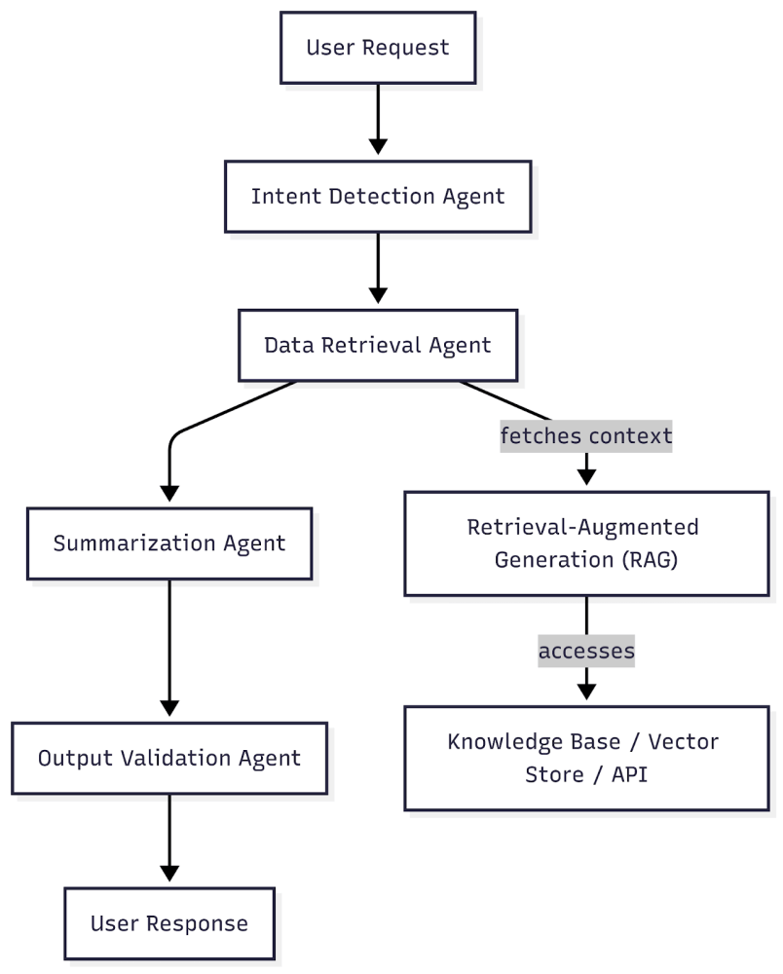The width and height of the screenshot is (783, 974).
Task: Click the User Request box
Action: coord(378,48)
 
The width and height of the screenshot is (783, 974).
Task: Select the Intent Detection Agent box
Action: coord(378,197)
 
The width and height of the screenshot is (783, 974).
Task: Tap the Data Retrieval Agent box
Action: coord(378,346)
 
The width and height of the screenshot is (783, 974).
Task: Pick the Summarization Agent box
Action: coord(169,543)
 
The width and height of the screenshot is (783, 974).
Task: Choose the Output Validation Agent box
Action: coord(169,758)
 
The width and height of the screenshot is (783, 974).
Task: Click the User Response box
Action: coord(169,923)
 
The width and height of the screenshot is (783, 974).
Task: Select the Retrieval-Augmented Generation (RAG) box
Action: coord(587,543)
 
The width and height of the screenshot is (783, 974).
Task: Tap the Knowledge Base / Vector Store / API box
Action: coord(587,758)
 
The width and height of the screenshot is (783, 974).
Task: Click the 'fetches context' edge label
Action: coord(586,436)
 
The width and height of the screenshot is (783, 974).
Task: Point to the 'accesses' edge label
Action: coord(586,651)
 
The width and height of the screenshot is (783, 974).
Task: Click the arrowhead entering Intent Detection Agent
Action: coord(378,147)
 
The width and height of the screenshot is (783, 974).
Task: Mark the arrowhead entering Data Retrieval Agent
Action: coord(378,296)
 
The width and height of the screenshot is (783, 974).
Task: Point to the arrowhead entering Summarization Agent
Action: coord(169,493)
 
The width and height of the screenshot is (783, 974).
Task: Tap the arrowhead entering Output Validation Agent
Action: coord(169,708)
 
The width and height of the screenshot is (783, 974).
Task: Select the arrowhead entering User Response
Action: coord(169,874)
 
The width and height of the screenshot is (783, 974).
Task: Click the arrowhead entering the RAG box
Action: coord(587,477)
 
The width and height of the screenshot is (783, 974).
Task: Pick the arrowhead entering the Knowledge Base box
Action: coord(587,692)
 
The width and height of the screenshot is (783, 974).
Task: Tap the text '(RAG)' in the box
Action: coord(650,560)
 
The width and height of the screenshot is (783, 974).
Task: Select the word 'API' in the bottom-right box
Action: coord(630,774)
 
